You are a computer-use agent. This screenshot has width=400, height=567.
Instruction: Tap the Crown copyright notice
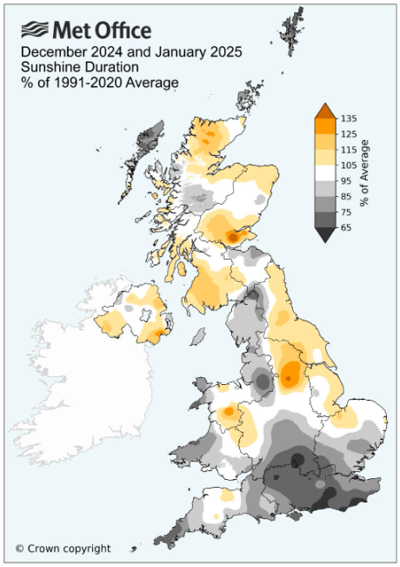pyautogui.click(x=63, y=548)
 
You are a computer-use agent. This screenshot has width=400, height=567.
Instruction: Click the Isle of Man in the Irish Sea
pyautogui.click(x=197, y=335)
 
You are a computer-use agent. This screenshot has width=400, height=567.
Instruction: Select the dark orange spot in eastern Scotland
pyautogui.click(x=232, y=235)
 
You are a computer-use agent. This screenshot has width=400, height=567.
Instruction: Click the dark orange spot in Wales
pyautogui.click(x=228, y=411)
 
